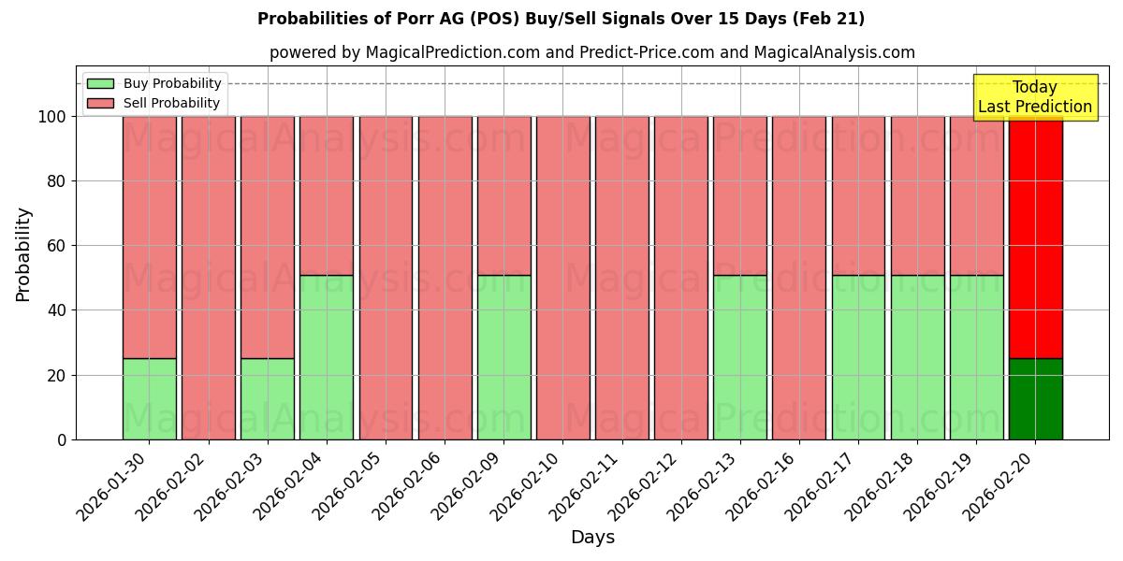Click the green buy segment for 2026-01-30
(x=149, y=399)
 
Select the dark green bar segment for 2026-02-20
(x=1035, y=399)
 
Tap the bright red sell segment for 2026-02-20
(x=1035, y=237)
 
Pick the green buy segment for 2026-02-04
(x=327, y=357)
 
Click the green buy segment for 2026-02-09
(x=503, y=357)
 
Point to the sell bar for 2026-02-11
(x=621, y=278)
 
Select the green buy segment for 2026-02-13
(x=739, y=357)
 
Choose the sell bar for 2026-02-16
(x=799, y=278)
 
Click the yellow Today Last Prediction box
(x=1035, y=97)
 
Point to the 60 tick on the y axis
(x=58, y=246)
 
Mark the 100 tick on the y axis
(x=53, y=117)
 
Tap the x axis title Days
(x=592, y=538)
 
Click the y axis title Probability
(x=24, y=254)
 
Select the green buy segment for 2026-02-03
(x=268, y=399)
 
